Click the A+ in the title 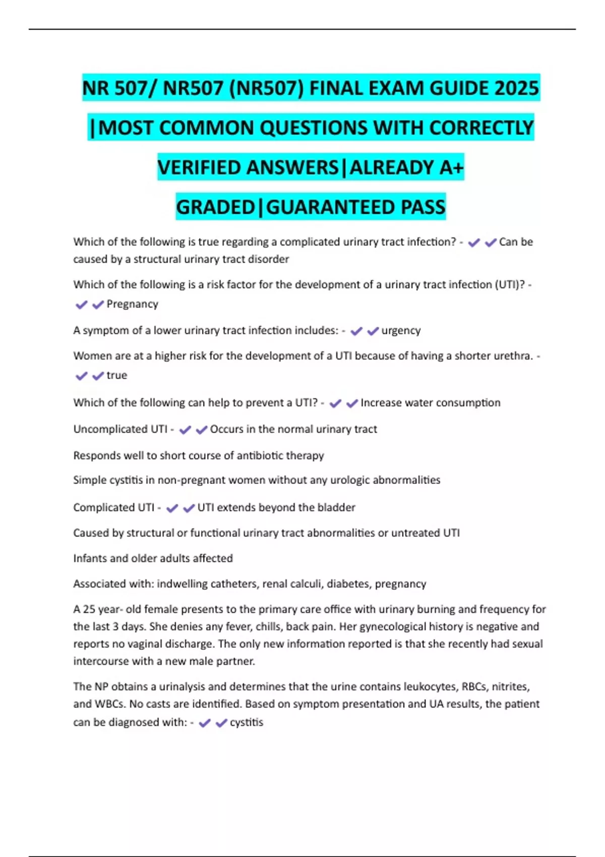pos(451,167)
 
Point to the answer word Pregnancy pos(132,304)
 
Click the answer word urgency pos(401,331)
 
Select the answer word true pos(117,376)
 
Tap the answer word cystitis pos(247,722)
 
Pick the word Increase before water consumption pos(381,403)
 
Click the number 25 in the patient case pos(89,609)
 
